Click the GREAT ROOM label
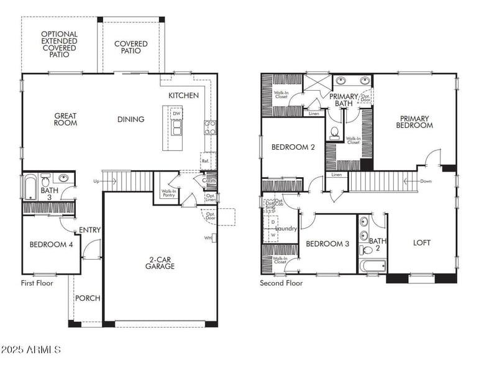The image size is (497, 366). (65, 119)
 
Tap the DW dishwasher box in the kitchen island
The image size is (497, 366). (177, 114)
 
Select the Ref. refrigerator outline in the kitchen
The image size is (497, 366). (206, 160)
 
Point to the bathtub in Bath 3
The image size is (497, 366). (30, 186)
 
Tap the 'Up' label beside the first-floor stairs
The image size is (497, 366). (96, 181)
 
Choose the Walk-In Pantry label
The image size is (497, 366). (168, 193)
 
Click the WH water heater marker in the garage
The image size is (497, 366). (208, 237)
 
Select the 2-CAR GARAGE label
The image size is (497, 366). (160, 262)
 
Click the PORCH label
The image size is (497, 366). (88, 298)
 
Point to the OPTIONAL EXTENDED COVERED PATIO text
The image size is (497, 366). (60, 44)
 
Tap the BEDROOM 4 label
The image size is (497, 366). (51, 245)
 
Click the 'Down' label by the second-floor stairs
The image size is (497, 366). (425, 181)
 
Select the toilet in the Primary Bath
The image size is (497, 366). (335, 132)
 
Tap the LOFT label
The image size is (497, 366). (422, 243)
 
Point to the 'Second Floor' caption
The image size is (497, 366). (281, 283)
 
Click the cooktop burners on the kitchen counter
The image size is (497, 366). (209, 127)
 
